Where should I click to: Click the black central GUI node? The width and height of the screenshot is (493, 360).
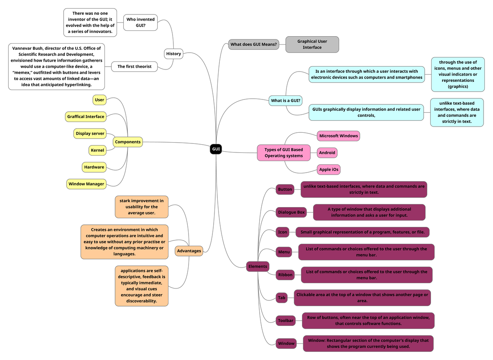coord(216,149)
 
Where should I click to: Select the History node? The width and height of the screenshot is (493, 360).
coord(173,54)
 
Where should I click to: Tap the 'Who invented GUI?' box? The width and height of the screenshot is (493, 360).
coord(141,22)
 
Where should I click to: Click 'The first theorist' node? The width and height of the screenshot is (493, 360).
coord(134,67)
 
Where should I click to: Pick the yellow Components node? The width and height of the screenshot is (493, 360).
coord(128,142)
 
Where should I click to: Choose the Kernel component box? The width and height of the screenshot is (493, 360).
coord(97,150)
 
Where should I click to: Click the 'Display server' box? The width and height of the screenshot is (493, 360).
coord(90,134)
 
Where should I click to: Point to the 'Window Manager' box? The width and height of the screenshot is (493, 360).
coord(86,184)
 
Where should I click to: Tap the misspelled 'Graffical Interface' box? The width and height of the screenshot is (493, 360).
coord(86,117)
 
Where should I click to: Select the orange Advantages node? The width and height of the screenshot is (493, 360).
coord(189,251)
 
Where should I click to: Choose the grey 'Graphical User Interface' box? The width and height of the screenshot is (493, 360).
coord(312,44)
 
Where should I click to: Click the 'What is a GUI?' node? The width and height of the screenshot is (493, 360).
coord(286,100)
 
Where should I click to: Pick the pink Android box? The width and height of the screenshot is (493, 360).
coord(327,153)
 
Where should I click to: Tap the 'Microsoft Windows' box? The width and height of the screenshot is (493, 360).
coord(339,136)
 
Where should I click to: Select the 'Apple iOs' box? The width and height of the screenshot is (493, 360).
coord(329,169)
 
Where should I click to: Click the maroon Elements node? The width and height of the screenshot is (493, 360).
coord(258,266)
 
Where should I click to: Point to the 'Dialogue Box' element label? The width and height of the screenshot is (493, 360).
coord(291,212)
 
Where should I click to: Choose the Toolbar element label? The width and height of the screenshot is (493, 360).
coord(286,321)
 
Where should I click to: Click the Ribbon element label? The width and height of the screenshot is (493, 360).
coord(285,275)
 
